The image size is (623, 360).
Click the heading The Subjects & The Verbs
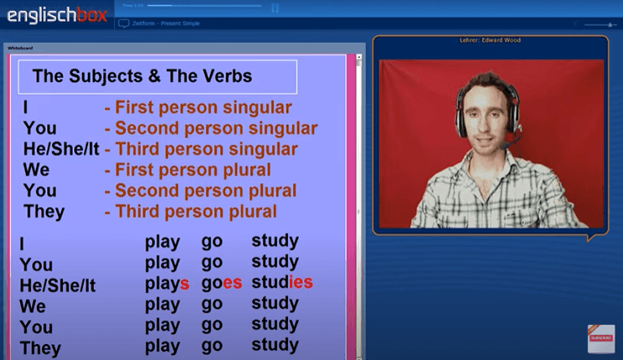[142, 77]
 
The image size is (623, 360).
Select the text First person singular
[203, 108]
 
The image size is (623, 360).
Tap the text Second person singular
[216, 129]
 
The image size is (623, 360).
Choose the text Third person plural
[195, 212]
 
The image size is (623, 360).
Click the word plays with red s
[167, 283]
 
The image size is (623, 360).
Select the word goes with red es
[222, 283]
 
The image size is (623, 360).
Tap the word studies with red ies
[282, 282]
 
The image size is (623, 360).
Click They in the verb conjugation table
[42, 347]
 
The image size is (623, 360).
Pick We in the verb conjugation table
[33, 306]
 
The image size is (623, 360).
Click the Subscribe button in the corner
[600, 338]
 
